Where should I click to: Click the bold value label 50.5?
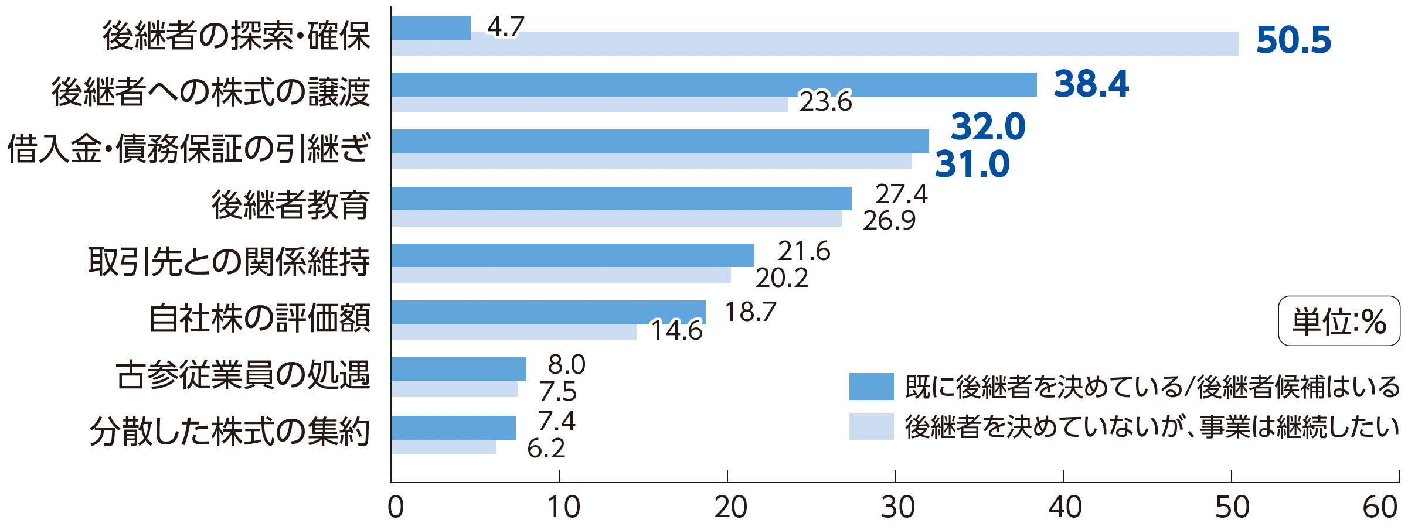(x=1293, y=40)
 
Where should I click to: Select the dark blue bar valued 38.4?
(x=713, y=84)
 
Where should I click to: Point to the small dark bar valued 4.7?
(x=431, y=28)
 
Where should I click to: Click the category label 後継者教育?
(x=290, y=205)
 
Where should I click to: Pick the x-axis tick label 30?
(x=896, y=507)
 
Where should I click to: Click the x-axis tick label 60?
(x=1379, y=507)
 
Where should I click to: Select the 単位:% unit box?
(x=1339, y=321)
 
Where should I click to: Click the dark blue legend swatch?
(x=871, y=387)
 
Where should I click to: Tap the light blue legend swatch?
(x=871, y=426)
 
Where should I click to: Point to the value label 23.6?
(x=825, y=102)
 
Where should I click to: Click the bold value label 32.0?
(x=988, y=126)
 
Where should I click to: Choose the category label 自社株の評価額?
(x=260, y=319)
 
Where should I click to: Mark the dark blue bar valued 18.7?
(x=548, y=312)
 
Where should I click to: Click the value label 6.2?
(x=546, y=449)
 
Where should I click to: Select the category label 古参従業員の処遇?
(x=243, y=375)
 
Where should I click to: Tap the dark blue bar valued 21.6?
(x=573, y=255)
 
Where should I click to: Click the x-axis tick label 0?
(x=396, y=507)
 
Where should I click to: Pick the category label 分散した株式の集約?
(x=229, y=432)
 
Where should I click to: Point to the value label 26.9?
(x=889, y=221)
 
